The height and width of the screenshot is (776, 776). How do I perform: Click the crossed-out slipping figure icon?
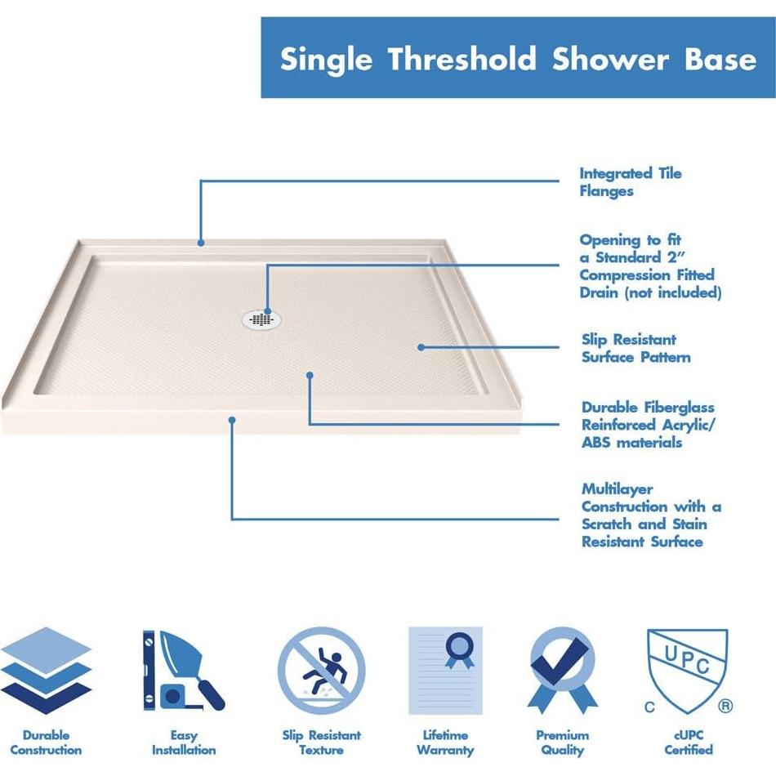(321, 671)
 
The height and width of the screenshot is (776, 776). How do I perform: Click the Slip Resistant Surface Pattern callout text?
(636, 348)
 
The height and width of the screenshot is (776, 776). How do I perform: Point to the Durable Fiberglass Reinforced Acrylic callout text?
(648, 425)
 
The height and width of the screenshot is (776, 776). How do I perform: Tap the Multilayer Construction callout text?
(651, 515)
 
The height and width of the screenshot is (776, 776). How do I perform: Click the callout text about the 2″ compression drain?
(650, 266)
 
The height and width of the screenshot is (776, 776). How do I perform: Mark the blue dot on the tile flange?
(200, 242)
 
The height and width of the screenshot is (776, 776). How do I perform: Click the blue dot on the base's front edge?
(232, 420)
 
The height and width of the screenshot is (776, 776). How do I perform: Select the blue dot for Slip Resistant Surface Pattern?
(421, 346)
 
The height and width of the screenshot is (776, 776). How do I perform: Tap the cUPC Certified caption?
(687, 743)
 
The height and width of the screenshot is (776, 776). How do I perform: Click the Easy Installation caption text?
(183, 743)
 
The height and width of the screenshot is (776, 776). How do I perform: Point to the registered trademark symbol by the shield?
(725, 705)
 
